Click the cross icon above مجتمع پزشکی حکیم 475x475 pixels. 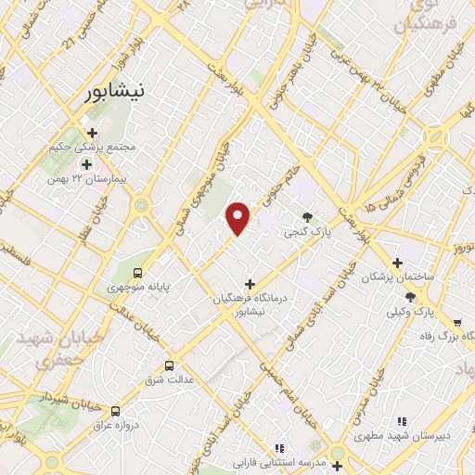click(x=91, y=133)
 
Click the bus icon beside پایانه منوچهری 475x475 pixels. click(x=138, y=273)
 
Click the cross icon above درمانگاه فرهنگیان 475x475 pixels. click(x=249, y=283)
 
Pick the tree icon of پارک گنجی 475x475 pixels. click(x=307, y=217)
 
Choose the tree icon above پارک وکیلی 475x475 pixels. click(x=410, y=296)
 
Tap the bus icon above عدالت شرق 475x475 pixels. click(x=169, y=366)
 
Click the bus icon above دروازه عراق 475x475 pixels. click(x=115, y=410)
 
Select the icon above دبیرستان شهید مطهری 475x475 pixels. click(x=402, y=421)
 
